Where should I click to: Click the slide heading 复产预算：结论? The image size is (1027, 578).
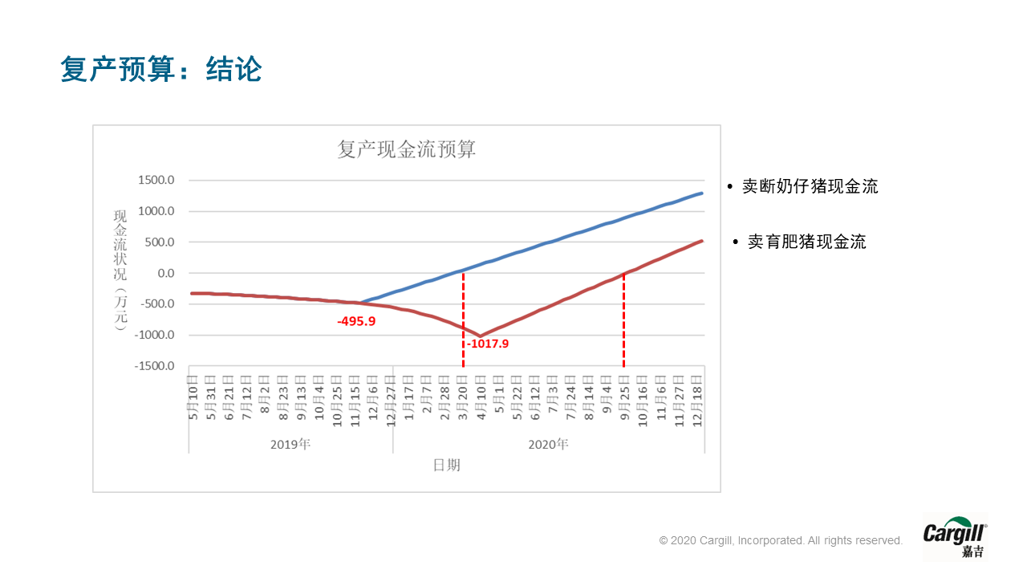(x=161, y=69)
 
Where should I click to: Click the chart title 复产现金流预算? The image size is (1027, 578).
(x=406, y=149)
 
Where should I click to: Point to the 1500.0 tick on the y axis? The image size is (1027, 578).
(x=156, y=180)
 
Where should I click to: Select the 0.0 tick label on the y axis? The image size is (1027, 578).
(x=165, y=273)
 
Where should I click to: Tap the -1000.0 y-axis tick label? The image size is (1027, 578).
(x=153, y=335)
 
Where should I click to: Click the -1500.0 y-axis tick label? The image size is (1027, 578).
(x=153, y=366)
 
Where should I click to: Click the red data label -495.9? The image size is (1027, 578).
(x=356, y=321)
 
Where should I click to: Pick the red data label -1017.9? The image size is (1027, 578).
(x=488, y=344)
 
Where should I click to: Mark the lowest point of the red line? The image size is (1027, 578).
(x=481, y=336)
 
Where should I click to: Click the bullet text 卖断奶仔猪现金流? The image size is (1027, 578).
(x=810, y=186)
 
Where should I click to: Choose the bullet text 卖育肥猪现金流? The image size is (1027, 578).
(x=806, y=242)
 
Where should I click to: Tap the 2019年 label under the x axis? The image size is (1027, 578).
(x=290, y=443)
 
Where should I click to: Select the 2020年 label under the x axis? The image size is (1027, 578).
(x=548, y=443)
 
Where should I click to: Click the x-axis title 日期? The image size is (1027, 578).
(x=447, y=465)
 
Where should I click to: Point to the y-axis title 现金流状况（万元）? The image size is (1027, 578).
(x=120, y=271)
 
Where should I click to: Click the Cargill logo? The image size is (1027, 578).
(x=954, y=537)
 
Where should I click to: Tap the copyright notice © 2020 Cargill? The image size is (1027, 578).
(x=781, y=540)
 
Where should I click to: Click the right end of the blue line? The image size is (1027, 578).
(x=703, y=193)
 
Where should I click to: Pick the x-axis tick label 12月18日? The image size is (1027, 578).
(x=698, y=396)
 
